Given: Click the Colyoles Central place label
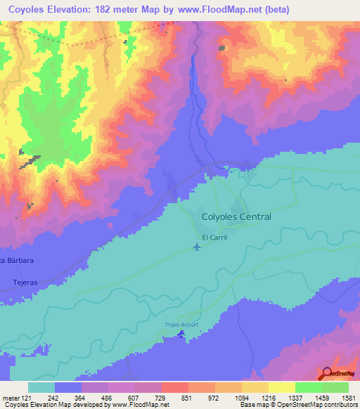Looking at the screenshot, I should (x=236, y=217).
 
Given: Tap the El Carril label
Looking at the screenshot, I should (x=215, y=237).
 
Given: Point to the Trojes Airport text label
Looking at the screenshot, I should (x=182, y=324).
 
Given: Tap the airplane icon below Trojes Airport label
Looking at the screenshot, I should (x=182, y=333).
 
